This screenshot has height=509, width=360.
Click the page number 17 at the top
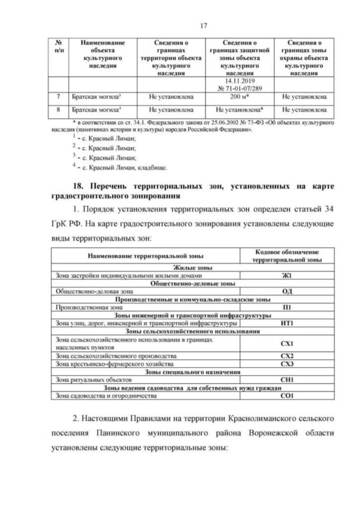click(179, 24)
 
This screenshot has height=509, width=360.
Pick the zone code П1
click(287, 308)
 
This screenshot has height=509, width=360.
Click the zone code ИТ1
click(287, 323)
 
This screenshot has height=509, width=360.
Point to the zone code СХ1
click(287, 344)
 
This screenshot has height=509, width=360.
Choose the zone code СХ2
click(287, 357)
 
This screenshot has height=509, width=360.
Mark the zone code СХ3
click(287, 364)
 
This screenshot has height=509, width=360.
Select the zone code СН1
click(287, 380)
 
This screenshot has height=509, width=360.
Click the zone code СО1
click(287, 396)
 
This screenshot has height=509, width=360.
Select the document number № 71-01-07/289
click(240, 88)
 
